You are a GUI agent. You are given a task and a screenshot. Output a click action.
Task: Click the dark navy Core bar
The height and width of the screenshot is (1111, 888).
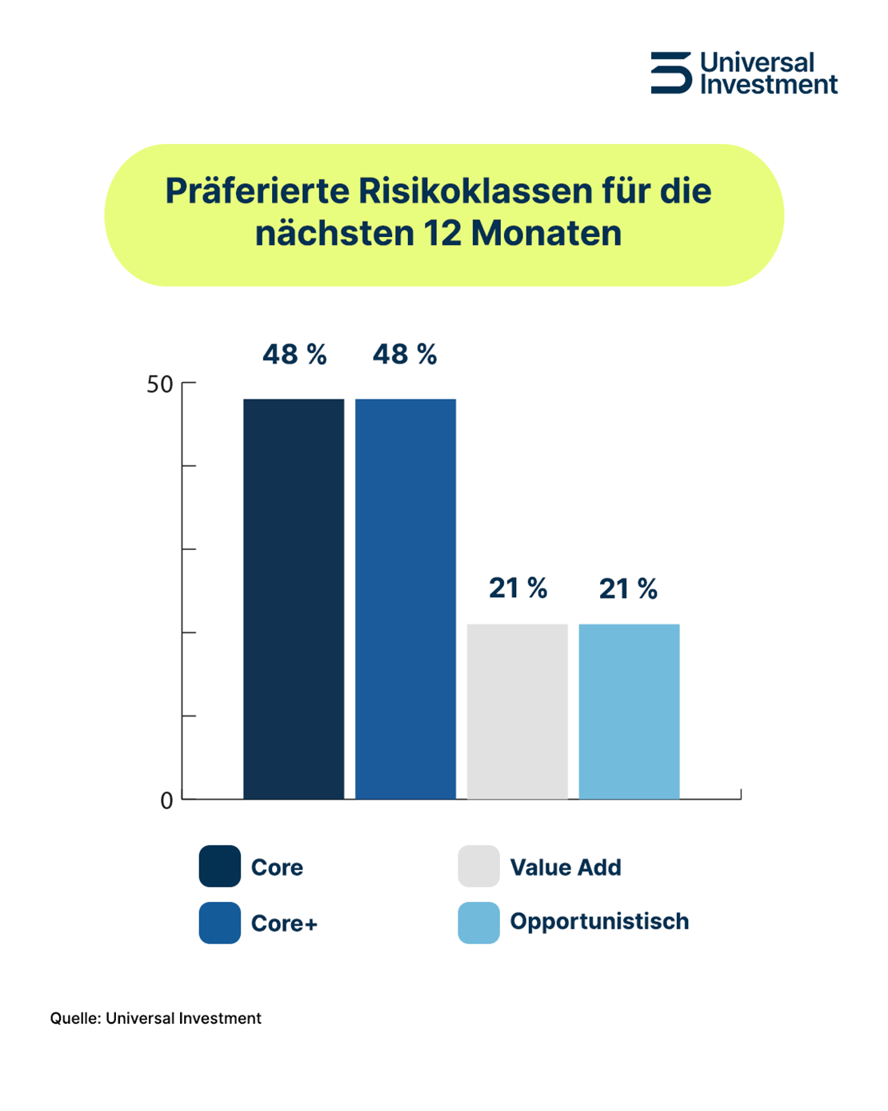click(294, 599)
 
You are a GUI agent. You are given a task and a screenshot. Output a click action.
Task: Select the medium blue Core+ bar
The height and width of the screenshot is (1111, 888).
click(406, 599)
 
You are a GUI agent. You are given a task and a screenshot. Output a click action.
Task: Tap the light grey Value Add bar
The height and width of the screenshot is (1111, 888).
click(518, 711)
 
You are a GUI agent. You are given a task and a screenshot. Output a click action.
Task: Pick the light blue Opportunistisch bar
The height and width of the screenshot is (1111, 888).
click(630, 711)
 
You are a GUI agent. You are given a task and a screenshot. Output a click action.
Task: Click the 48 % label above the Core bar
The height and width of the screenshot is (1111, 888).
click(294, 355)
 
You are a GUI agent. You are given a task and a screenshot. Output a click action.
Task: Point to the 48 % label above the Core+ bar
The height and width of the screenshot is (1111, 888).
click(405, 355)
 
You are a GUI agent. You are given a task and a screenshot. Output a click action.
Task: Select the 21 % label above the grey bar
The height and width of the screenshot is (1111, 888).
click(518, 589)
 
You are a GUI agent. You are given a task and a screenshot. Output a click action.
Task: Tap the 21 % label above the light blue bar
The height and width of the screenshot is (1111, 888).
click(628, 589)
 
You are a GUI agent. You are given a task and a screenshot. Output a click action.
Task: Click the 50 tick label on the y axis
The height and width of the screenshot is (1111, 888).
click(160, 385)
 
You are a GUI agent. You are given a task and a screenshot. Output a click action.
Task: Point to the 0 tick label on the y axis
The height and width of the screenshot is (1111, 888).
click(166, 800)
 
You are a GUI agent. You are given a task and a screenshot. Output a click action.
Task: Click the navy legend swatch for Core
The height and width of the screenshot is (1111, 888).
click(220, 866)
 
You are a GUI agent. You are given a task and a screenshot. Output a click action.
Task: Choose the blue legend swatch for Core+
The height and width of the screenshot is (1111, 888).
click(220, 923)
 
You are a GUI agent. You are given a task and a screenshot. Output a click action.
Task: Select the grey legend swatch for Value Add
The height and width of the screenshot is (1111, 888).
click(478, 866)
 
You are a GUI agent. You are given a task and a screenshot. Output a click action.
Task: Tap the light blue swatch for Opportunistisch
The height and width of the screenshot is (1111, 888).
click(478, 923)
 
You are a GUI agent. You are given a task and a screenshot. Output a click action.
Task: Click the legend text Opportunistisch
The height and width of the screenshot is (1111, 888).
click(599, 922)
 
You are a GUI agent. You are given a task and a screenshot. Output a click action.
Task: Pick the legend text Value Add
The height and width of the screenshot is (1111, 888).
click(566, 868)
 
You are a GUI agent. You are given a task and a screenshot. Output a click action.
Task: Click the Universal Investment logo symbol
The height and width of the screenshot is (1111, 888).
click(670, 73)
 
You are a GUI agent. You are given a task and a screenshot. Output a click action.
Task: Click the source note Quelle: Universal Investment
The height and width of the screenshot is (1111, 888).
click(156, 1018)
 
